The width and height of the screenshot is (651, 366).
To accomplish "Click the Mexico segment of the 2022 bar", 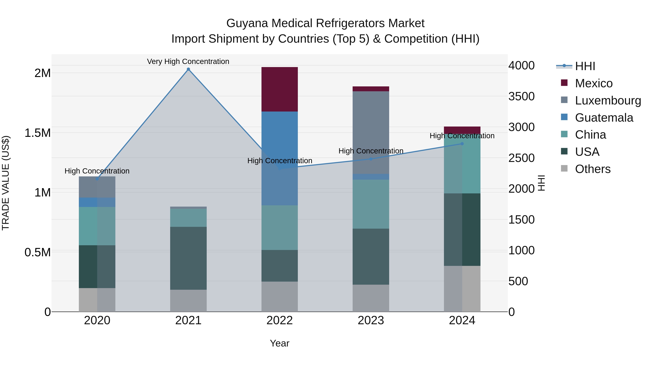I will [280, 89].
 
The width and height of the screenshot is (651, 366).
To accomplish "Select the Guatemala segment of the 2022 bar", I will [280, 158].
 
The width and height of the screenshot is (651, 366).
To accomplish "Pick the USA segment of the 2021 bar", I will [188, 258].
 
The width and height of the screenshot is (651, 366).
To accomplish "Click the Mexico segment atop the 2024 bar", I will [462, 130].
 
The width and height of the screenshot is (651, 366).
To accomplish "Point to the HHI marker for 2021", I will [188, 69].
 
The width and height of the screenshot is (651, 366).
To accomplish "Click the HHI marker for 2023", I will [371, 159].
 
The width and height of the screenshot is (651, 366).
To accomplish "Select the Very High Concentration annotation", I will [188, 61].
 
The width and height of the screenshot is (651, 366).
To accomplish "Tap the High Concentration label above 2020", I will [97, 171].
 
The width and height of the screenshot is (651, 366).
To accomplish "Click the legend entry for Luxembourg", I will [608, 100].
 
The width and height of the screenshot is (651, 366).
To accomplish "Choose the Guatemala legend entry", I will [604, 118].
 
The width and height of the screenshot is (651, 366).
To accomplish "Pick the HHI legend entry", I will [585, 66].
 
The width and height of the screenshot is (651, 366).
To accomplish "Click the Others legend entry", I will [592, 169].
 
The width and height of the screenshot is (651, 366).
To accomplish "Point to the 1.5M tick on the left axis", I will [37, 133].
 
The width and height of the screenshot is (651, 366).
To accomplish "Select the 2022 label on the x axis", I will [280, 320].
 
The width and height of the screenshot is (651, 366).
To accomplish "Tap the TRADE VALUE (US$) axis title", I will [6, 183].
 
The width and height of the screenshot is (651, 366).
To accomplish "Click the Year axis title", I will [280, 343].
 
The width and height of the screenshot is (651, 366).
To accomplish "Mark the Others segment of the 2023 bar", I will [371, 298].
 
